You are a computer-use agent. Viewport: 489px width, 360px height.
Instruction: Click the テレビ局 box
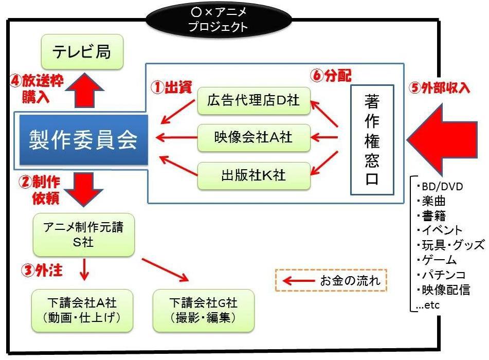tap(82, 52)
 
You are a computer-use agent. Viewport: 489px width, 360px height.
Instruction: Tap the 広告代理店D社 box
tap(255, 101)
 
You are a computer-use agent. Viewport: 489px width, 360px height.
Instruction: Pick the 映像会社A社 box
tap(255, 137)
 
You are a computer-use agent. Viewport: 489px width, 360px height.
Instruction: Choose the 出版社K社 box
tap(255, 175)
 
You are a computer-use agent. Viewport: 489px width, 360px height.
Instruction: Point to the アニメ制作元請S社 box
tap(83, 235)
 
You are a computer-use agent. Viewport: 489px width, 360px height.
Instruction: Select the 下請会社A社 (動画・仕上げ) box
tap(82, 310)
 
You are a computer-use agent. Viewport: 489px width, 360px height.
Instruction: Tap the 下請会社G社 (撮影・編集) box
tap(204, 310)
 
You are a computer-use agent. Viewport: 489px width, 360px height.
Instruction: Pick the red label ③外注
tap(37, 271)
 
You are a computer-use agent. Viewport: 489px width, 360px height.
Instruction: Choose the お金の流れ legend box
tap(331, 281)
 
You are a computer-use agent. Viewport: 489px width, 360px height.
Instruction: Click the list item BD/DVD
tap(440, 186)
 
